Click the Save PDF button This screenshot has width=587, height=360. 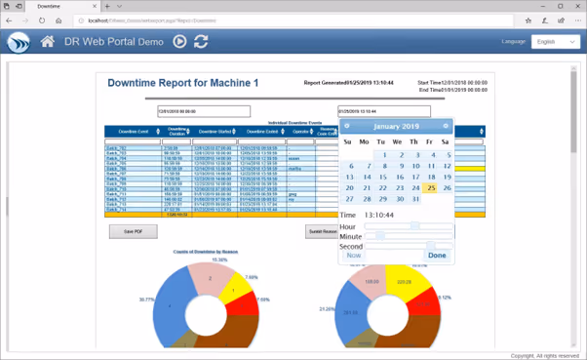[x=134, y=231]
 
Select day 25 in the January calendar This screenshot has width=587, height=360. [x=431, y=188]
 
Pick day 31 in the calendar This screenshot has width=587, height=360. [x=415, y=199]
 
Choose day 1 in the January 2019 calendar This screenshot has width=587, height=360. [x=384, y=155]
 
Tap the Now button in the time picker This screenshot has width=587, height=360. [x=353, y=255]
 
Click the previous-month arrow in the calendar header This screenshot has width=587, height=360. [x=347, y=126]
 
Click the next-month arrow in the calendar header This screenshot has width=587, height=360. [x=446, y=126]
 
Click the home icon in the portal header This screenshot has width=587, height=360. [x=47, y=42]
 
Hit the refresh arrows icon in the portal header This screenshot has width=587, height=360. [x=201, y=42]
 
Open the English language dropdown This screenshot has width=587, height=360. [x=555, y=42]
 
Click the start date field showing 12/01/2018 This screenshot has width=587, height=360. [x=204, y=111]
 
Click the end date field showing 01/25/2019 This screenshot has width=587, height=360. [x=383, y=111]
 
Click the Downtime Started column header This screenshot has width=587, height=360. [x=214, y=132]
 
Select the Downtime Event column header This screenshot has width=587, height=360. [x=134, y=132]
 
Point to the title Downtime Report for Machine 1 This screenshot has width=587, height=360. [x=183, y=83]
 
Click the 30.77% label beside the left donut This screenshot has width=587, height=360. [x=147, y=299]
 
